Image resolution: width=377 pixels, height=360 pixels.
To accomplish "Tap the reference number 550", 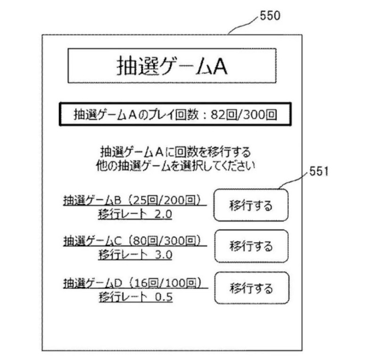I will (x=270, y=16).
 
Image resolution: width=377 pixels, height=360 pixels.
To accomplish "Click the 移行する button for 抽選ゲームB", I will (x=251, y=205).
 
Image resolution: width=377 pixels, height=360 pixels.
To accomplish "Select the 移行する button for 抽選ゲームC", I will (x=251, y=246).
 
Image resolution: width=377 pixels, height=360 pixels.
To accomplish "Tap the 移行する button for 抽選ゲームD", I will (x=251, y=288).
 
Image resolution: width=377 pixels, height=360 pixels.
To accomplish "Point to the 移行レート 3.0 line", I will (x=135, y=255).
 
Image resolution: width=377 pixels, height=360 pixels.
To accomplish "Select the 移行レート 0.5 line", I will (x=135, y=297).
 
